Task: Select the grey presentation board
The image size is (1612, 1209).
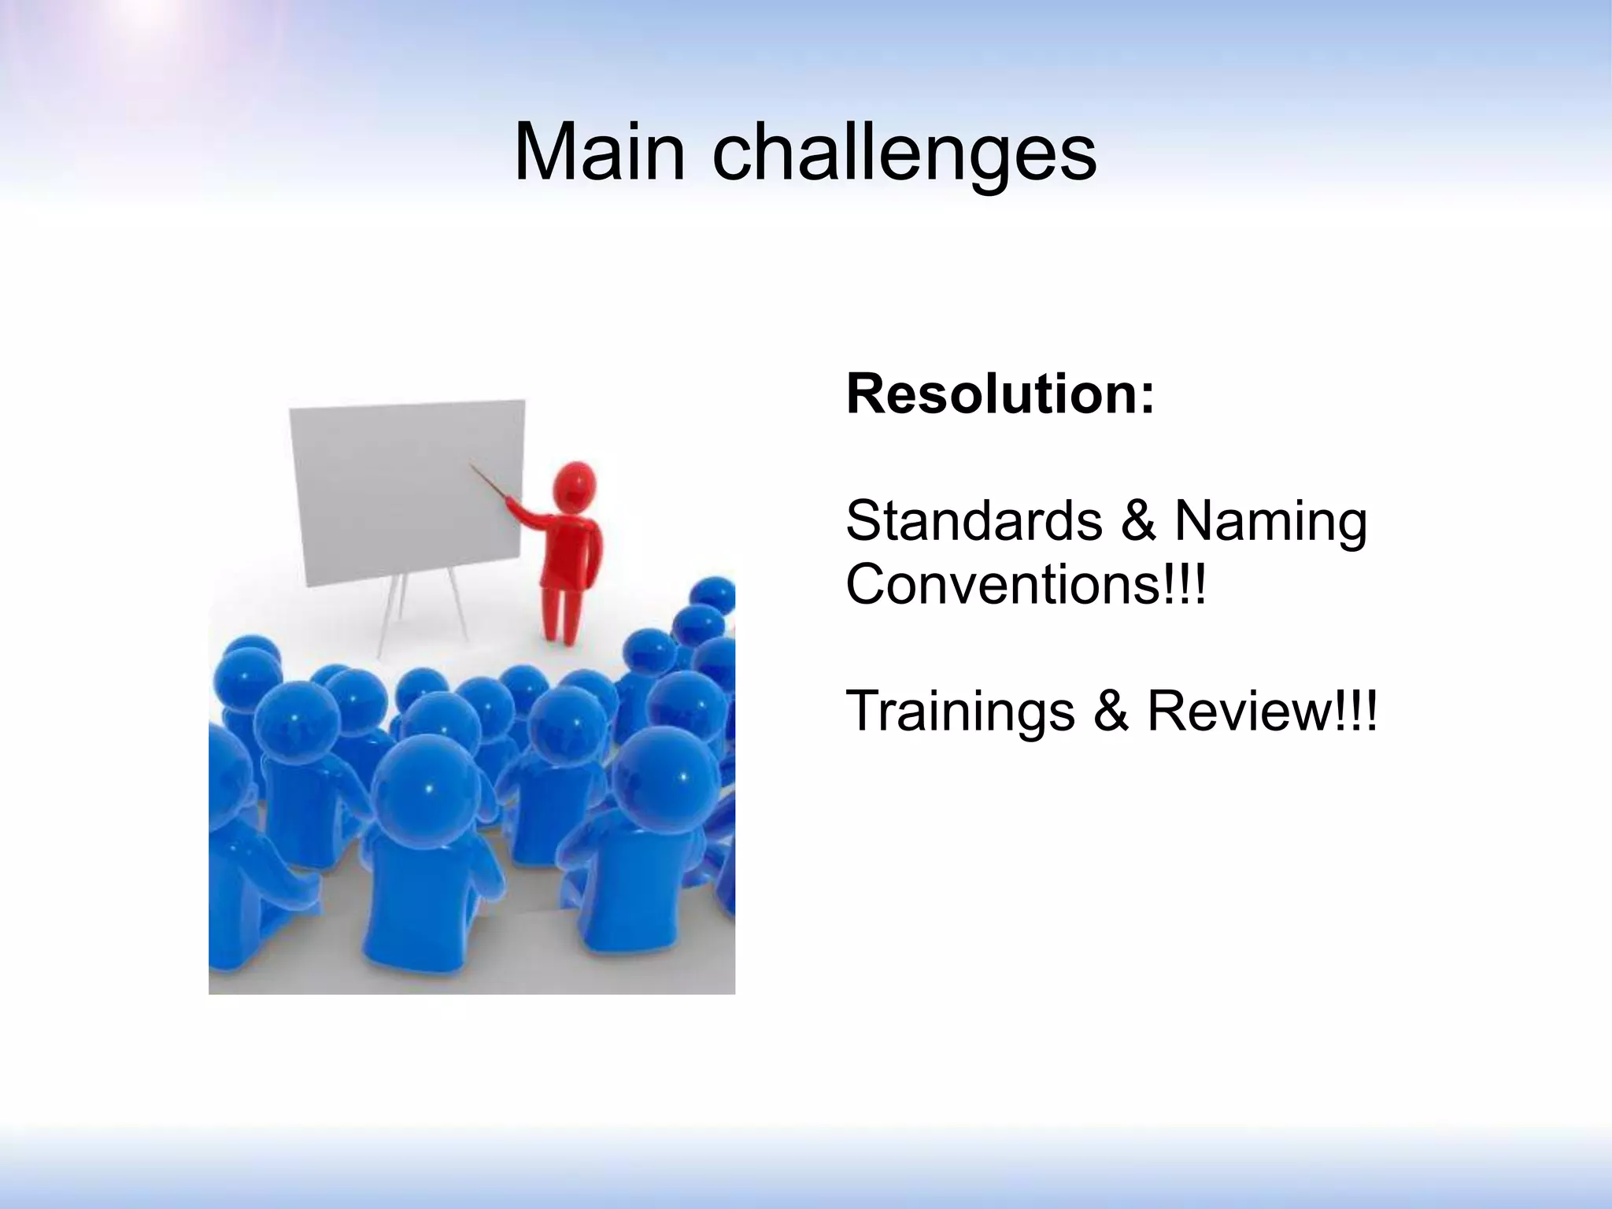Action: pyautogui.click(x=405, y=492)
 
